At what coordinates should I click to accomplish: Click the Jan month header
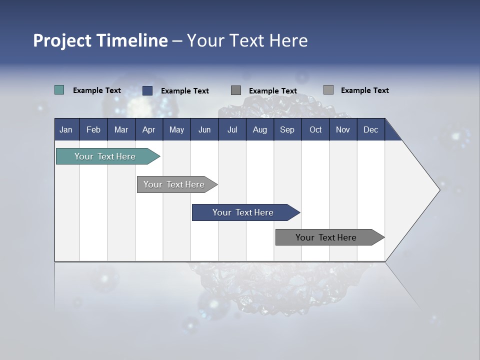pos(66,129)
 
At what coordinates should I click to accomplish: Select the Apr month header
pos(148,129)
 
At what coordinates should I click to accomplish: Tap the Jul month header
pos(232,129)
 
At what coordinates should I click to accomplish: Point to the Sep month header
pos(287,129)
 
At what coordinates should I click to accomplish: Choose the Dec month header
pos(370,129)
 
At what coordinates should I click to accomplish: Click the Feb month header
pos(93,129)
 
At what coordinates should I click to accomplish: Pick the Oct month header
pos(315,129)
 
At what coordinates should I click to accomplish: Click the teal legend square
pos(59,90)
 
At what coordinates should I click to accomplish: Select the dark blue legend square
pos(147,90)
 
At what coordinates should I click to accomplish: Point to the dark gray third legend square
pos(236,90)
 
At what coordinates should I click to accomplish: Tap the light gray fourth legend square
pos(328,90)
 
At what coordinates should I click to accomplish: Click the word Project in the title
pos(62,40)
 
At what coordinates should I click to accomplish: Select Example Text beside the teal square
pos(97,90)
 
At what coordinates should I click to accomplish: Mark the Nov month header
pos(343,129)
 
